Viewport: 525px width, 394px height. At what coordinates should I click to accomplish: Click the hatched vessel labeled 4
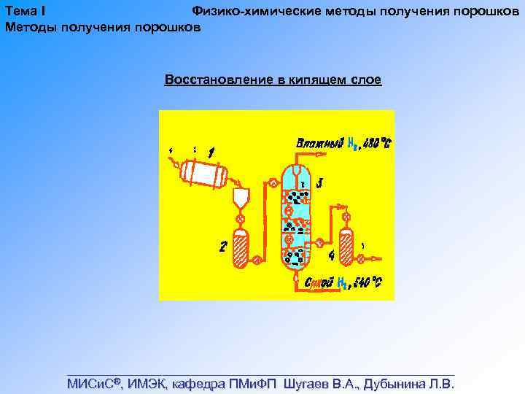tap(346, 247)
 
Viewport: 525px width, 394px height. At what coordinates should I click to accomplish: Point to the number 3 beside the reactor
tap(320, 182)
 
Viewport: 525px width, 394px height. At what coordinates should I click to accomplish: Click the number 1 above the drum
tap(210, 152)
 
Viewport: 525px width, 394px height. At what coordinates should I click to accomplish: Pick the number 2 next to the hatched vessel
tap(223, 247)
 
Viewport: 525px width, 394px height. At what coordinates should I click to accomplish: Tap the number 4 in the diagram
tap(332, 255)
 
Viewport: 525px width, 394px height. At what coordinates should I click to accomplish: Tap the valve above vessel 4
tap(346, 217)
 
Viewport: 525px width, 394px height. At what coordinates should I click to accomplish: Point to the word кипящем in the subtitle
tap(316, 80)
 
